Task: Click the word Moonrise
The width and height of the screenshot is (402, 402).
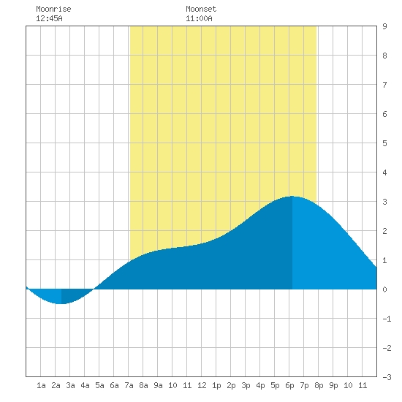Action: [53, 9]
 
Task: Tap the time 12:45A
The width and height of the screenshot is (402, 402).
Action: [49, 18]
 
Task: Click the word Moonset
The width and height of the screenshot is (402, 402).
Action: [201, 9]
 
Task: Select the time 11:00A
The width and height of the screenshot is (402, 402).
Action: [200, 18]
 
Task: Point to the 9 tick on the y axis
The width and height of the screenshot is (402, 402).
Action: [384, 26]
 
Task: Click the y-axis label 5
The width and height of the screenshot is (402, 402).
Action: [384, 143]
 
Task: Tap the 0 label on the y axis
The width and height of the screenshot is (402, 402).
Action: [384, 289]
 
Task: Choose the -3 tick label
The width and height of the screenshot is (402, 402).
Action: [387, 377]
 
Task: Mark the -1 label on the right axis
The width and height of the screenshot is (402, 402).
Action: [387, 319]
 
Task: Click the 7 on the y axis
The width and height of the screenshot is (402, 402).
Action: [384, 85]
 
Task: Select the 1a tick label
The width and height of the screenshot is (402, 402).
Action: [41, 385]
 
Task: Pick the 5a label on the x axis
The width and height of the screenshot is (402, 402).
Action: [99, 385]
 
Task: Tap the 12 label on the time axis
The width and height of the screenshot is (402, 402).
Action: [202, 385]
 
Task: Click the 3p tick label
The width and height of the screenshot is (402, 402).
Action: [246, 385]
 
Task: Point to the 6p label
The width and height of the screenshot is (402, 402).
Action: [289, 385]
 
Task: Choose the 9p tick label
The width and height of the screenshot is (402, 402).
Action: [333, 385]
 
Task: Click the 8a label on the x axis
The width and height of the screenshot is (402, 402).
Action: [143, 385]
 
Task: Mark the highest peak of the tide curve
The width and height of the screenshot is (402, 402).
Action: [292, 197]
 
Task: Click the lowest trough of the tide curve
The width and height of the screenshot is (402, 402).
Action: [61, 304]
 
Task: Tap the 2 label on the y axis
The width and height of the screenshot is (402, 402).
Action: [384, 231]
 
